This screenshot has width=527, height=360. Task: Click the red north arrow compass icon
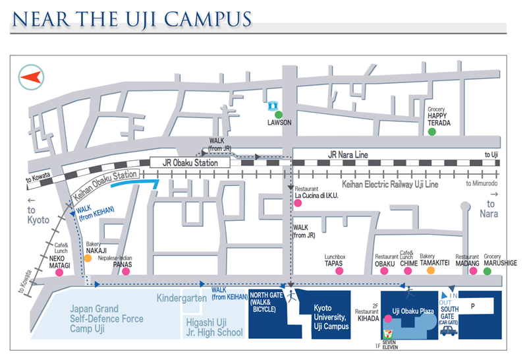[31, 77]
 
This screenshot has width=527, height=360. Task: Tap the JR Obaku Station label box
[190, 163]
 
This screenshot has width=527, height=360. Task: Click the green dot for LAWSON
[279, 115]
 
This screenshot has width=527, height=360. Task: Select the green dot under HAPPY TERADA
[432, 132]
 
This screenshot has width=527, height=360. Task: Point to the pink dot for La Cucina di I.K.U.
[298, 203]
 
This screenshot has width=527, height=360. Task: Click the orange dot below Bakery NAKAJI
[88, 258]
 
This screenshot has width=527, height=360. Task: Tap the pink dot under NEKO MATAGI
[59, 272]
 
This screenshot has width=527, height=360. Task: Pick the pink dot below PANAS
[126, 271]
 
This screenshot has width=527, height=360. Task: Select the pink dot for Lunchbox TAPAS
[339, 271]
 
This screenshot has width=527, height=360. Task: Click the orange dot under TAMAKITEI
[431, 270]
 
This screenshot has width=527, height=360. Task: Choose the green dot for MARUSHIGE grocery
[487, 271]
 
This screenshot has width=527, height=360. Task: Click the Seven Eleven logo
[387, 334]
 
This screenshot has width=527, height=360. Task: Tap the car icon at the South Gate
[449, 331]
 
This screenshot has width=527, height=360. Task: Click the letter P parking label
[473, 306]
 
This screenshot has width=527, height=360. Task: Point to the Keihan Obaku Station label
[105, 185]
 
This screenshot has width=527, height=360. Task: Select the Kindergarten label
[182, 298]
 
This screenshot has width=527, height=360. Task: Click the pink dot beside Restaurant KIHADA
[388, 318]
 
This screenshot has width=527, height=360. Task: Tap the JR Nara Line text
[348, 155]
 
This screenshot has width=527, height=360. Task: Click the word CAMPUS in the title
[208, 20]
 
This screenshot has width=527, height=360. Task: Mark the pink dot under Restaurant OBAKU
[384, 271]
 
